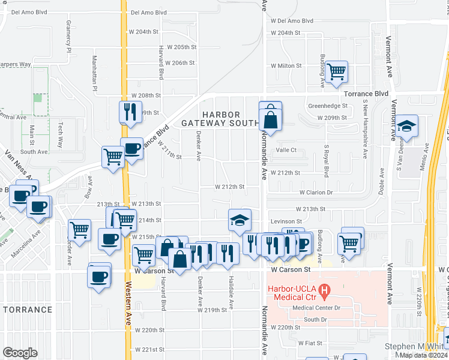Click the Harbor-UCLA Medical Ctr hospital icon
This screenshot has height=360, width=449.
pos(325,292)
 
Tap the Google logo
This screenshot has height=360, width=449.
pos(20,353)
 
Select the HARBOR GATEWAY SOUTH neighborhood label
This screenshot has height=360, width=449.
pos(212,119)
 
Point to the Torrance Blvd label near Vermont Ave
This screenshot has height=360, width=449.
pos(366,94)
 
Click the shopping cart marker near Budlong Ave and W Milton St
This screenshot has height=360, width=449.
pos(337,71)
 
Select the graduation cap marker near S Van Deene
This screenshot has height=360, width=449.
pos(407,127)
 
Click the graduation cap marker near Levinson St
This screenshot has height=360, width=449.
pos(240,220)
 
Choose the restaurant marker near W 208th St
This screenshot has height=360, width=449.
pos(129,112)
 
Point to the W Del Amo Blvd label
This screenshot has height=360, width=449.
pos(292,20)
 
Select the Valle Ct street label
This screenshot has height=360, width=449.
pos(286,151)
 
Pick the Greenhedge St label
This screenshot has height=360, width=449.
pos(328,106)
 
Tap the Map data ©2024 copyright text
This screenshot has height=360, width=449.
pos(423,355)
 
